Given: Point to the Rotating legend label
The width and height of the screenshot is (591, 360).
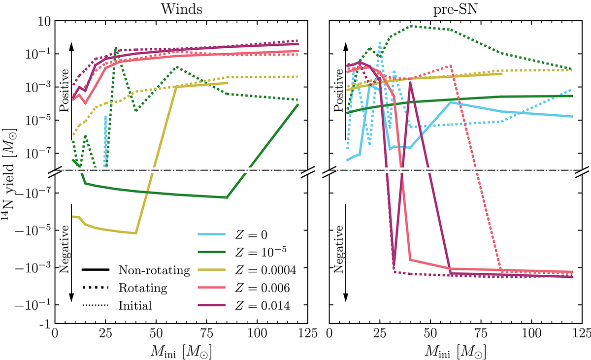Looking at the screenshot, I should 143,288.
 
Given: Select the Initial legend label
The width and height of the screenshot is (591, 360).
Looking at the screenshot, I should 135,306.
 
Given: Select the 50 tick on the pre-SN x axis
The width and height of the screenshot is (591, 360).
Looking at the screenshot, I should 430,333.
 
